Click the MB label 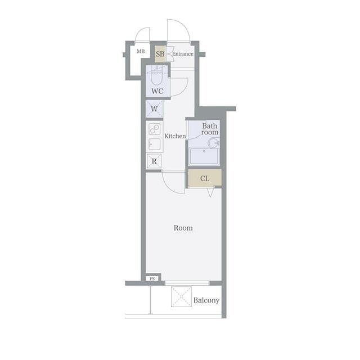[x=141, y=51]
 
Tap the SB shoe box [x=160, y=54]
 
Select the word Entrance [x=183, y=54]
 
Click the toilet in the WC [x=156, y=76]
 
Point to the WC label [x=157, y=91]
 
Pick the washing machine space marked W [x=154, y=109]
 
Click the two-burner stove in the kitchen [x=154, y=129]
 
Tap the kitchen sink [x=154, y=144]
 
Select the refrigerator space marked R [x=154, y=161]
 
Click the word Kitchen [x=175, y=136]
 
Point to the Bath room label [x=210, y=129]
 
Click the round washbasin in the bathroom [x=214, y=143]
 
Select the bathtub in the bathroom [x=204, y=156]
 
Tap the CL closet [x=205, y=178]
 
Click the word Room [x=183, y=228]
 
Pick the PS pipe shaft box [x=152, y=279]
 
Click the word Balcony [x=206, y=300]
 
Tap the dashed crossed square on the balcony [x=181, y=296]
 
